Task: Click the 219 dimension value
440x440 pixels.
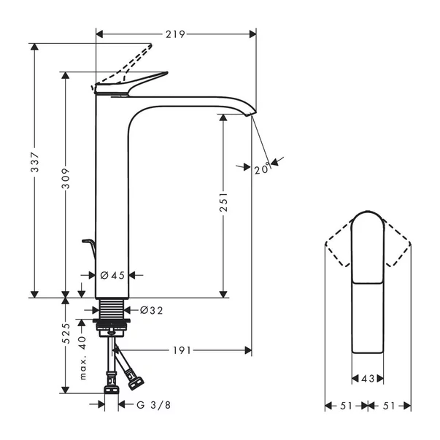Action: coord(176,34)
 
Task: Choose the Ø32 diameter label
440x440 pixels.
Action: coord(151,310)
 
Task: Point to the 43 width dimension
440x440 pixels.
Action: coord(368,379)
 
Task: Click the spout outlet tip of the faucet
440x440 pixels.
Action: coord(250,112)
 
